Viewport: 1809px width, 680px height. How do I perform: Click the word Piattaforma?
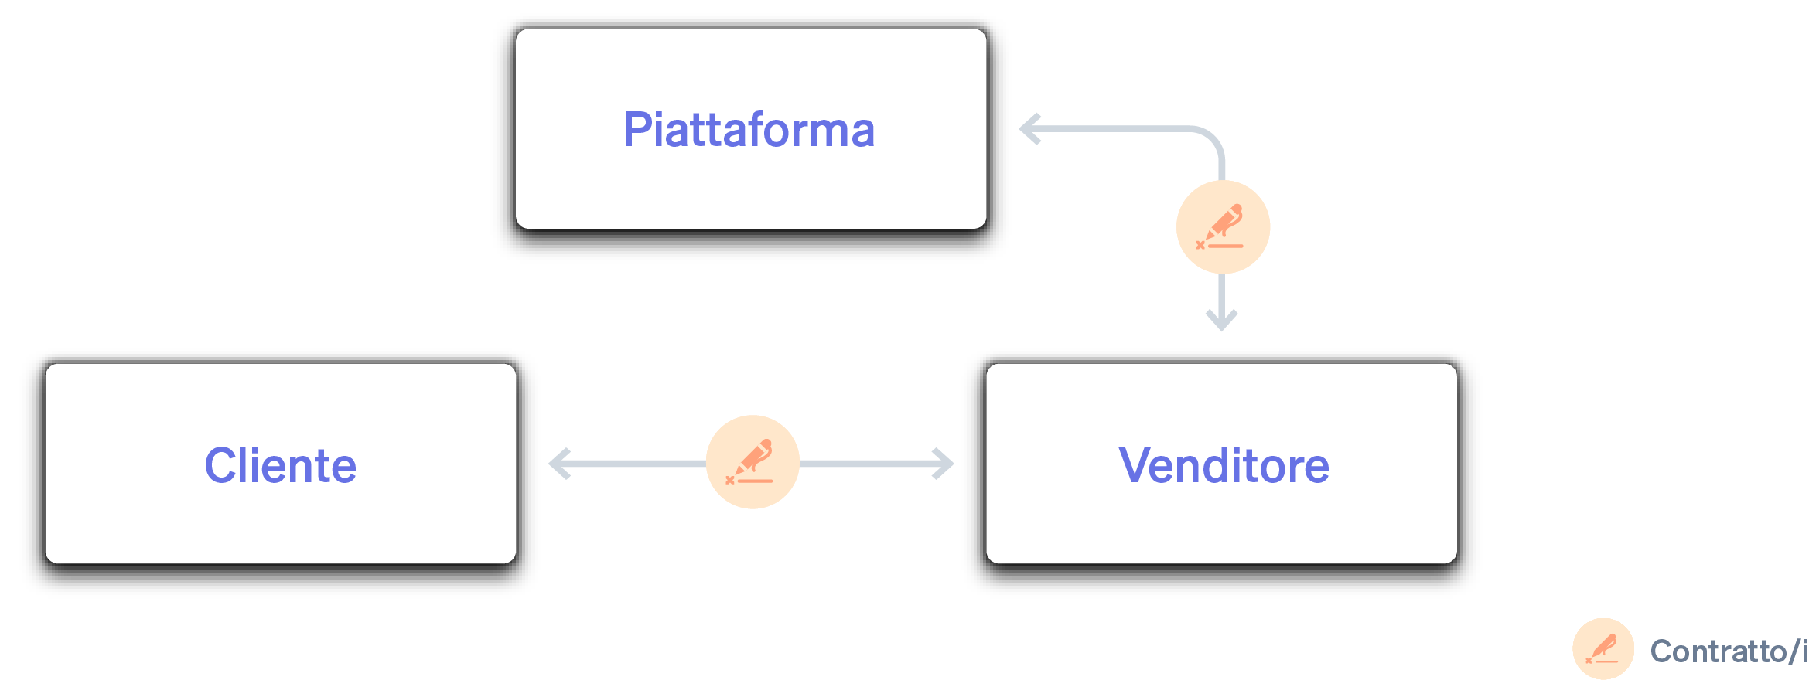coord(749,130)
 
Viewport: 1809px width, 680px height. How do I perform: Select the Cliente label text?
coord(280,466)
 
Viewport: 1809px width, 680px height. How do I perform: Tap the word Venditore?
coord(1224,466)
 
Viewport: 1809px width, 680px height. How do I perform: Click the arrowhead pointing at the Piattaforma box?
coord(1029,129)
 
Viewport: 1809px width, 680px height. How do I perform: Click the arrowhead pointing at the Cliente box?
coord(558,464)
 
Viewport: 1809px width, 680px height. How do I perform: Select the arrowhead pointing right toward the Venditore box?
coord(944,464)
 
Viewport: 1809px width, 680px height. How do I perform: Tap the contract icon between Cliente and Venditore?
coord(753,462)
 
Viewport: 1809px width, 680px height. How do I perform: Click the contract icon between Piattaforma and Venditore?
coord(1223,227)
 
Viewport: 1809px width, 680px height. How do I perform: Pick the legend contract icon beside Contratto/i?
coord(1603,649)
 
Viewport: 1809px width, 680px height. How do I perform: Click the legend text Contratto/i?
coord(1728,651)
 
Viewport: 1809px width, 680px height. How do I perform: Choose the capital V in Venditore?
coord(1134,465)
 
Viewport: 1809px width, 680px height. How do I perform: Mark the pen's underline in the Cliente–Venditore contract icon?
coord(754,481)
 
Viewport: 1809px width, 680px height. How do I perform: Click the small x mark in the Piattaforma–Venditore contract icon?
coord(1200,245)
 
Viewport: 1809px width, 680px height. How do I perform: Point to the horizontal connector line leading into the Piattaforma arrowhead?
coord(1114,129)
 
